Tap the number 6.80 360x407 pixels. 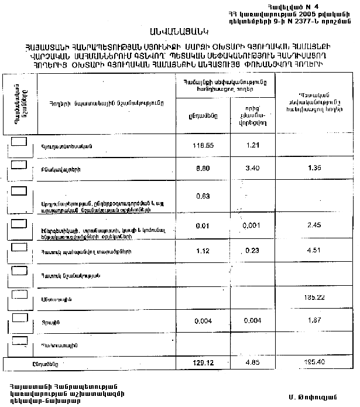203,169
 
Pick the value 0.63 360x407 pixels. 203,196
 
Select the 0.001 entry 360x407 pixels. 251,225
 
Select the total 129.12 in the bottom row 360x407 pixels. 203,364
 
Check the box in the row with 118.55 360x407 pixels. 19,142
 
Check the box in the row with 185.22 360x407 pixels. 19,293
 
